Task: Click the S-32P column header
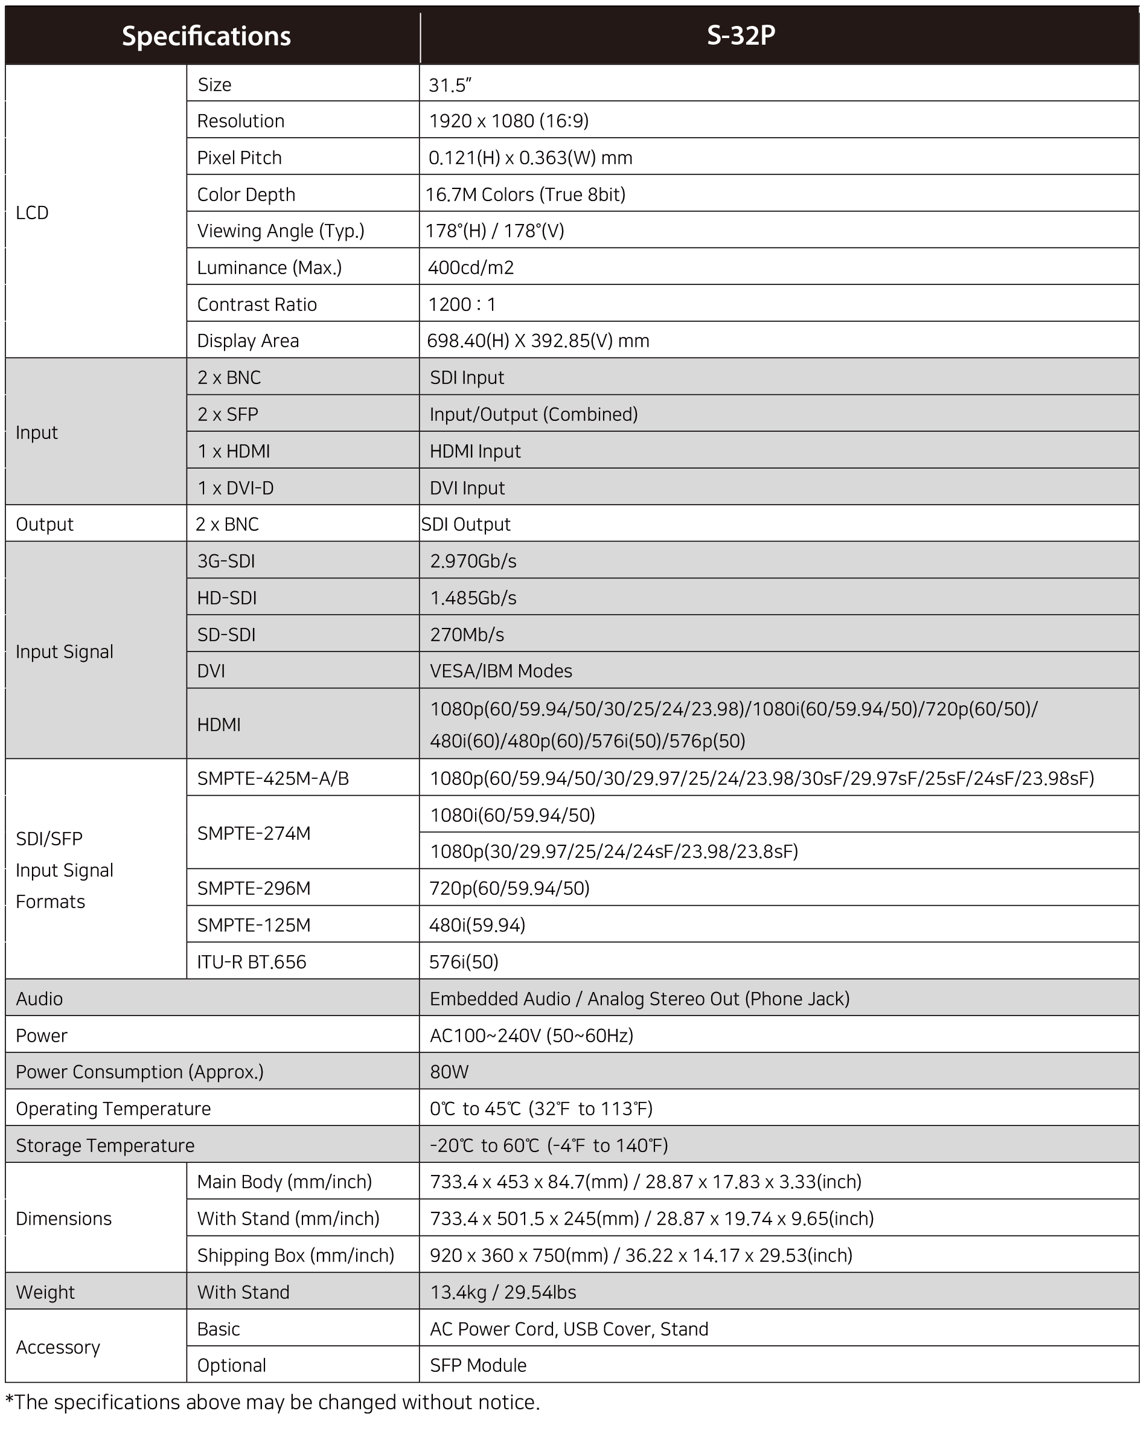tap(741, 35)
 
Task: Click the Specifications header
tap(206, 36)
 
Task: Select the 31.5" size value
tap(450, 85)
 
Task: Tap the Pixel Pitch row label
tap(240, 158)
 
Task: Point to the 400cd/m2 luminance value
tap(471, 267)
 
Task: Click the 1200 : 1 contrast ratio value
tap(462, 305)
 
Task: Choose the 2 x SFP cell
tap(228, 414)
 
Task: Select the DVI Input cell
tap(467, 488)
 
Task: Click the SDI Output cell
tap(466, 524)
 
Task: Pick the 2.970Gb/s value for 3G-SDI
tap(473, 561)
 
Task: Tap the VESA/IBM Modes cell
tap(501, 671)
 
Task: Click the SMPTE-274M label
tap(254, 833)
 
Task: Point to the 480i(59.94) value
tap(477, 924)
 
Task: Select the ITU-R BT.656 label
tap(252, 962)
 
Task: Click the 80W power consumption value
tap(449, 1072)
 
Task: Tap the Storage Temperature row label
tap(106, 1145)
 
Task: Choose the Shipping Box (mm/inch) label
tap(296, 1255)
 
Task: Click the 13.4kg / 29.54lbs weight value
tap(503, 1292)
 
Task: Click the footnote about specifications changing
tap(273, 1402)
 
